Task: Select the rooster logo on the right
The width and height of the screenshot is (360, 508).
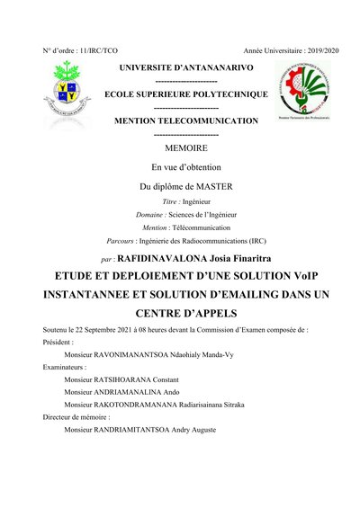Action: coord(298,94)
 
